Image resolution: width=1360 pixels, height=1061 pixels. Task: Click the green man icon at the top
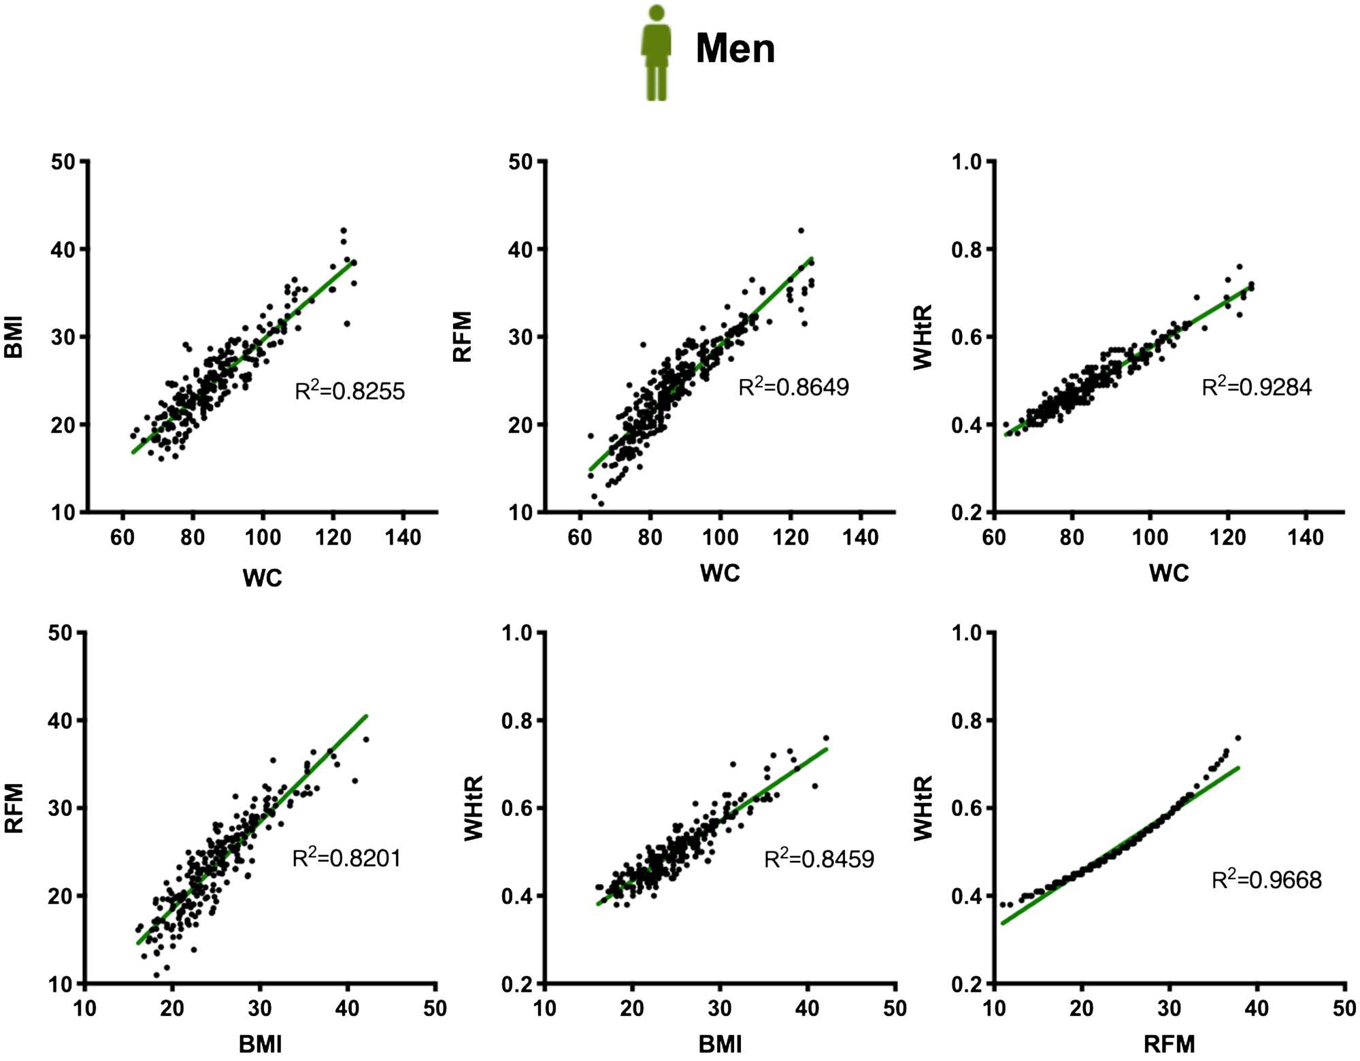pos(656,53)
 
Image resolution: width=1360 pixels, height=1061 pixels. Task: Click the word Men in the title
pos(735,49)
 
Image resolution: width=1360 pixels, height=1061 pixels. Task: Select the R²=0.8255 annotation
pos(350,391)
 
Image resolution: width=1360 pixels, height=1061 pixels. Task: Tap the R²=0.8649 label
pos(793,387)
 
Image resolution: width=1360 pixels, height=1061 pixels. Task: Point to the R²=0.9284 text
pos(1257,387)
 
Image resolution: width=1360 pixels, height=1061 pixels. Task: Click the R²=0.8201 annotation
pos(346,858)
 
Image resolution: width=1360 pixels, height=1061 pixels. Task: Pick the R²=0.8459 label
pos(819,859)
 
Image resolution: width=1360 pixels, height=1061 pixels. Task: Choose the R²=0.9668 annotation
pos(1266,879)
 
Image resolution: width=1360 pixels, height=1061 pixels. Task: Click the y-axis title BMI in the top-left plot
pos(14,337)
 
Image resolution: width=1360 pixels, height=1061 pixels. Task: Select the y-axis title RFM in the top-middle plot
pos(463,337)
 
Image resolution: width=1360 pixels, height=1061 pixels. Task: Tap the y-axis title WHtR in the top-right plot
pos(923,337)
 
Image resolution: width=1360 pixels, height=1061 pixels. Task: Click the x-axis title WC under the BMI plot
pos(262,578)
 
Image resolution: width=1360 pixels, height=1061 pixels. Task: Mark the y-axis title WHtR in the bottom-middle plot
pos(474,808)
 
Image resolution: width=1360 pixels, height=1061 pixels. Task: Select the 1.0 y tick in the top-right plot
pos(967,162)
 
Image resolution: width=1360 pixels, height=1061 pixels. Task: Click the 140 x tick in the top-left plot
pos(403,538)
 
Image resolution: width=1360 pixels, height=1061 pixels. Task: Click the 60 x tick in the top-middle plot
pos(580,538)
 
